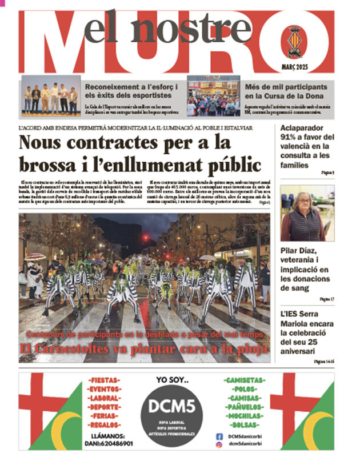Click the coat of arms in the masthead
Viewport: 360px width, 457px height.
pos(294,41)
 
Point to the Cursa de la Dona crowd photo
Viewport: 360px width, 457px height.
pos(213,96)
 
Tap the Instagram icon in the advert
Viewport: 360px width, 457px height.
pos(219,444)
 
